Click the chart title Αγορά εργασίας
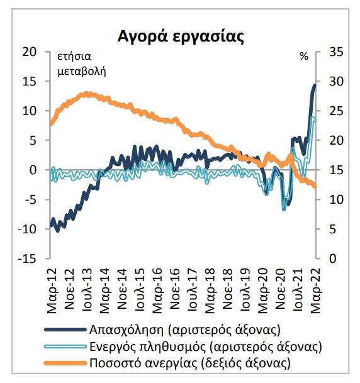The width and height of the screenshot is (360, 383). (x=181, y=36)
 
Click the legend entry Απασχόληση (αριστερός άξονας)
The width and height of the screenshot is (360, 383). (x=185, y=330)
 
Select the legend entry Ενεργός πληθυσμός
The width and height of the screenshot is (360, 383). (x=206, y=347)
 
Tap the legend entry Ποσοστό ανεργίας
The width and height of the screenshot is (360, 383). (x=190, y=363)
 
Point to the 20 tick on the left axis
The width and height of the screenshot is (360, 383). (x=30, y=52)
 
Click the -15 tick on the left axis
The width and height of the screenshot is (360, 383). (x=27, y=258)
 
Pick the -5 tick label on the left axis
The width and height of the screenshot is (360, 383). (x=30, y=199)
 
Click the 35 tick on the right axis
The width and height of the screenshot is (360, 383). (x=336, y=52)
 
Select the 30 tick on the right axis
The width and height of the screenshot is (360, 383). (x=336, y=81)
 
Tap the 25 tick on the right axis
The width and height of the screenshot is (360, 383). (x=336, y=111)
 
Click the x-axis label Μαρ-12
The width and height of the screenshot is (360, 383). (x=52, y=291)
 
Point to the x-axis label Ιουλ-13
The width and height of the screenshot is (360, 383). (x=87, y=290)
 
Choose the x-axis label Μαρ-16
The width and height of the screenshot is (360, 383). (x=157, y=291)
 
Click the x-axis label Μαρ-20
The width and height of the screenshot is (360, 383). (x=263, y=291)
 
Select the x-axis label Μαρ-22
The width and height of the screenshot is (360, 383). (x=316, y=291)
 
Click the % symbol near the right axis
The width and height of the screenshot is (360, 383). (x=304, y=57)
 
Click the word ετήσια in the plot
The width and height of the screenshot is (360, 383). (x=74, y=57)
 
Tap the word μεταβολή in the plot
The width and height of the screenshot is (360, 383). (x=82, y=72)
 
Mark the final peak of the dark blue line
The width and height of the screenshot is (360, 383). (x=315, y=86)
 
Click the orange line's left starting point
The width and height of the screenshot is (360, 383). (x=50, y=124)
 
